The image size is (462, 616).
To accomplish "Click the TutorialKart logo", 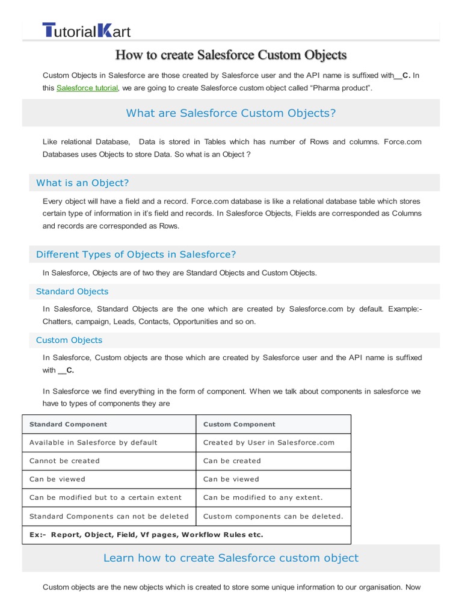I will (86, 30).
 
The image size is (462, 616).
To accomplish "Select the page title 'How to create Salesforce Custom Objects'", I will (231, 55).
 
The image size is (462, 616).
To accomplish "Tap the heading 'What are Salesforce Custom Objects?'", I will (231, 113).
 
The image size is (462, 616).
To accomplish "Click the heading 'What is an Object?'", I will (82, 183).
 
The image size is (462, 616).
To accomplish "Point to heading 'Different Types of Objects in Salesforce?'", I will (136, 254).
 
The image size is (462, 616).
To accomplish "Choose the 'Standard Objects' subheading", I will (72, 292).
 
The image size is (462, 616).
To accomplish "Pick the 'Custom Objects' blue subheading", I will (69, 340).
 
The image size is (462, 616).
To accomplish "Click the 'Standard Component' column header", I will (68, 424).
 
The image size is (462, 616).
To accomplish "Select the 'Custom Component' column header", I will (239, 424).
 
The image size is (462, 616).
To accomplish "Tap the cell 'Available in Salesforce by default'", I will (93, 443).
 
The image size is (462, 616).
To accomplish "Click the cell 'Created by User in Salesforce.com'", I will (268, 443).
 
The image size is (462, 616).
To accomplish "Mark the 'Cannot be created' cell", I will (64, 461).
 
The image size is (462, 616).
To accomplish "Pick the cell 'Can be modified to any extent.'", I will (263, 497).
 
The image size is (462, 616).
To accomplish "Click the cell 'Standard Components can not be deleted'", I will (109, 516).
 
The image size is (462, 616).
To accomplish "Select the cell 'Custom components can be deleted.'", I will (273, 516).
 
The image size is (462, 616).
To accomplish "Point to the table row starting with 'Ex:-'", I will (146, 535).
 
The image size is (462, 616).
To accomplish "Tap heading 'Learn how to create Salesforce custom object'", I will (231, 558).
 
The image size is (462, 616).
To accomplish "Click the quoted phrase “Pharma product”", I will (340, 88).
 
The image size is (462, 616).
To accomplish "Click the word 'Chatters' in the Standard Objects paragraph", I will (57, 322).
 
